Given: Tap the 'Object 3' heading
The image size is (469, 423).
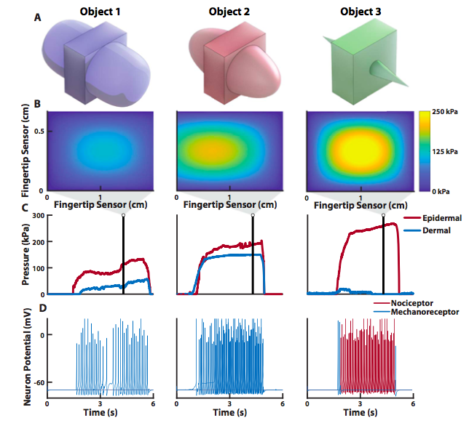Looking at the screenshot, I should click(360, 12).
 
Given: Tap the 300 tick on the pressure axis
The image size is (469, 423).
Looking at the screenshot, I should click(38, 217).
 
